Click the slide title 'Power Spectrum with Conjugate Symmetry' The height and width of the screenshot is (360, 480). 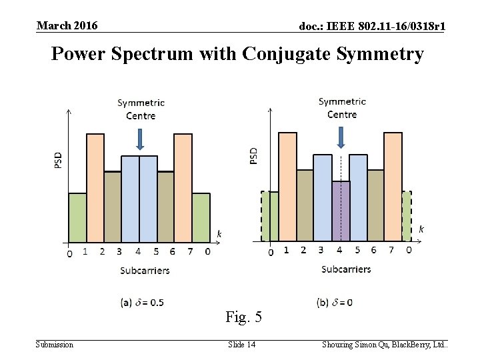click(237, 53)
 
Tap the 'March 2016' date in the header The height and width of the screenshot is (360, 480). click(67, 25)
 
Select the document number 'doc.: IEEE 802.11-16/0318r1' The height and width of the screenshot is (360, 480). click(373, 26)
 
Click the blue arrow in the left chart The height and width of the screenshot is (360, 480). click(139, 139)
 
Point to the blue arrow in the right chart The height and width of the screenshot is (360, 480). click(341, 137)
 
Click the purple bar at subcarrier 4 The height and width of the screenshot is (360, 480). click(341, 211)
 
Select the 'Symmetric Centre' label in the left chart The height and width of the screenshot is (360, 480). click(141, 109)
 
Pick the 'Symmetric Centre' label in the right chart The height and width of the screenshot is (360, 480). click(342, 107)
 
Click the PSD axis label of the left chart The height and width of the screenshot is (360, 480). click(59, 159)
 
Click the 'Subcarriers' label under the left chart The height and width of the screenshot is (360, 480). click(145, 270)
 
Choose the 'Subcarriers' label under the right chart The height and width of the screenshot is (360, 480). click(346, 269)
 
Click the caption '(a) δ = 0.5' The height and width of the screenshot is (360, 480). click(142, 303)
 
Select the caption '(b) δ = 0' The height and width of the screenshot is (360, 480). click(334, 303)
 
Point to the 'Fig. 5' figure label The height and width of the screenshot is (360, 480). click(243, 317)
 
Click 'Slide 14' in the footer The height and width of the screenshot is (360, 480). click(241, 344)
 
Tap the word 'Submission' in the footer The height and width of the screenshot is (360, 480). click(55, 344)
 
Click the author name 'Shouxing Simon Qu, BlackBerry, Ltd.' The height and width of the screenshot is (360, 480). click(385, 344)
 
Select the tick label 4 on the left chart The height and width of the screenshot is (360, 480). click(138, 252)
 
